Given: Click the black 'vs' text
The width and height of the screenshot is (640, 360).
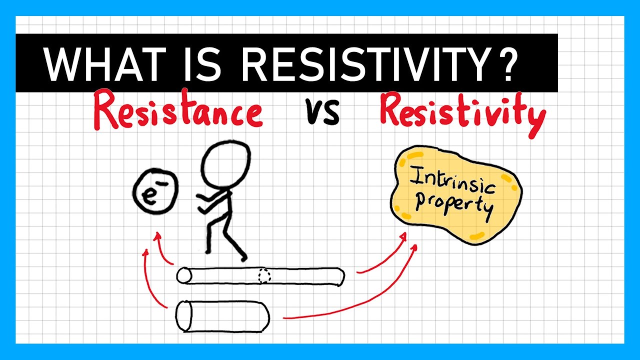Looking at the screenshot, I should [323, 113].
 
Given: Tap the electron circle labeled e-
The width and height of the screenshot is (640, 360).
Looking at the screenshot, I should [155, 191].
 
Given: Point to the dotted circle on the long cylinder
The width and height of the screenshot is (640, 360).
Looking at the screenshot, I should [264, 276].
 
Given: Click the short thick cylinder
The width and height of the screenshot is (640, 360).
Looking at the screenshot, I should [223, 316].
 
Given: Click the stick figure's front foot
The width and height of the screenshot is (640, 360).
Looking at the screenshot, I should [242, 257].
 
